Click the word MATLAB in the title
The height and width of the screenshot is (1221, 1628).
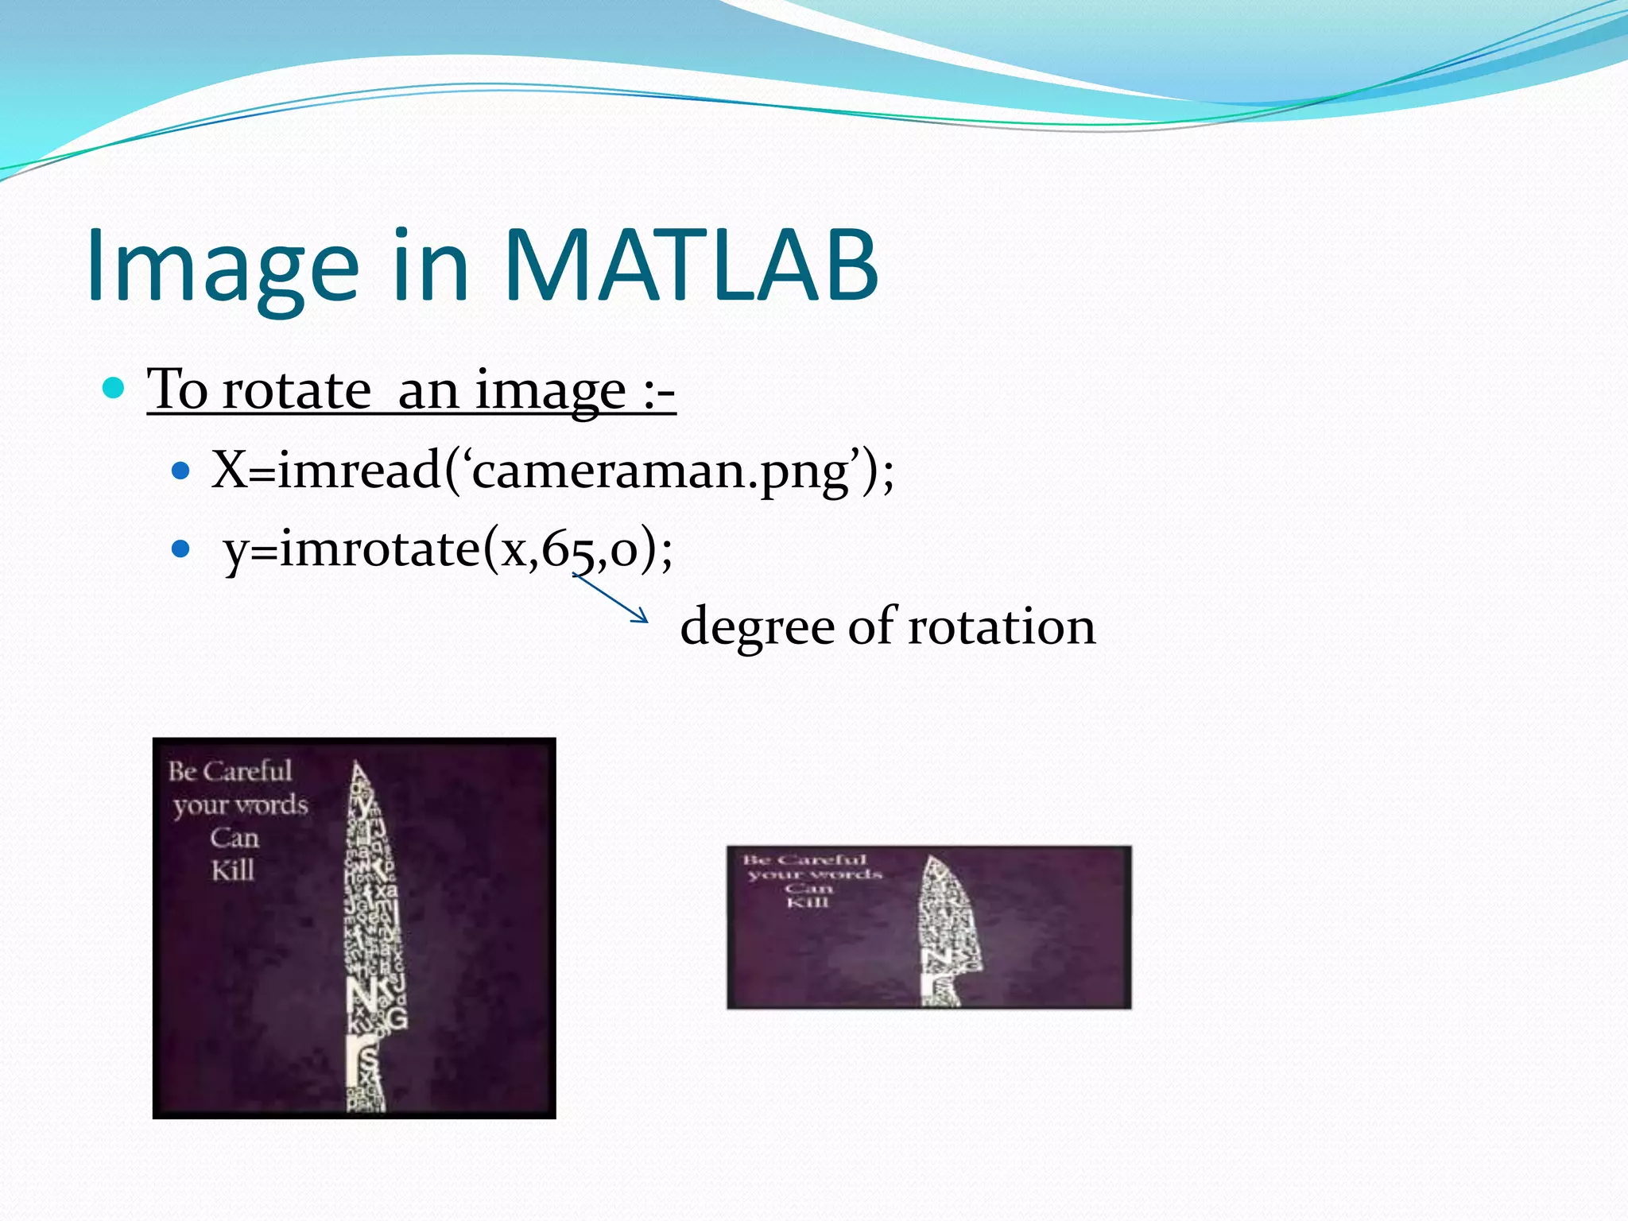tap(690, 266)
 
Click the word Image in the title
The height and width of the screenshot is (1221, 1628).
tap(223, 266)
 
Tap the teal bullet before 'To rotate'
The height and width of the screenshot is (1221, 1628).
tap(114, 388)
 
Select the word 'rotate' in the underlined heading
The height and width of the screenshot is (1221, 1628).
tap(296, 391)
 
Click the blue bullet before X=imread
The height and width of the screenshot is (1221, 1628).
tap(181, 471)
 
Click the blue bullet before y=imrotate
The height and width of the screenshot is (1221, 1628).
tap(181, 549)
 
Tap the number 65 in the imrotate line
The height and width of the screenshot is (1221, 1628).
tap(569, 549)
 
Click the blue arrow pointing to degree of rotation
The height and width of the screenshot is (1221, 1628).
tap(610, 598)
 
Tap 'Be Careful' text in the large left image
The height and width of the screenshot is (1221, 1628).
tap(230, 771)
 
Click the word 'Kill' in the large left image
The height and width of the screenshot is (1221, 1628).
tap(233, 870)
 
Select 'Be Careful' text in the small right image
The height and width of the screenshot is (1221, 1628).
tap(804, 860)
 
